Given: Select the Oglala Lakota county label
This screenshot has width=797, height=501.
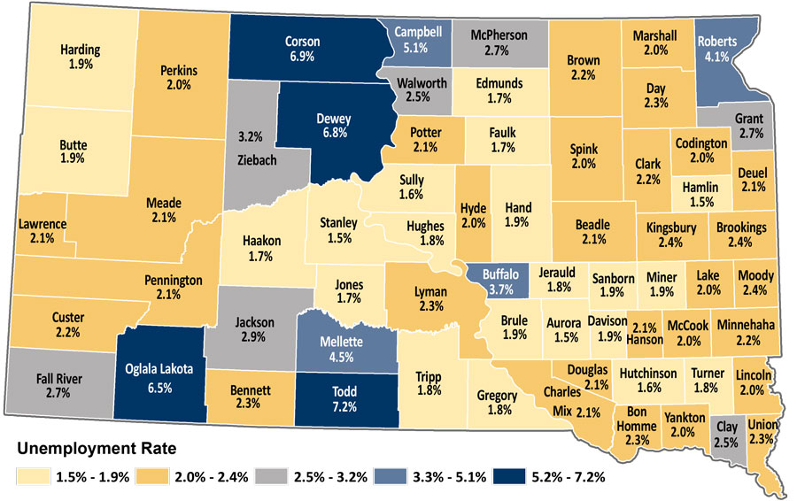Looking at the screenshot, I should point(159,369).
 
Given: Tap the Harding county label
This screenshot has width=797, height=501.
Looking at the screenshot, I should point(81,50).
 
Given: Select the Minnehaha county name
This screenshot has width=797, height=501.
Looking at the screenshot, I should point(745,326).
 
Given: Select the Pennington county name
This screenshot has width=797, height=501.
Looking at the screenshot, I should point(174,281).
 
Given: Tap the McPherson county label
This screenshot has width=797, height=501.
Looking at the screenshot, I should point(499,35).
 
